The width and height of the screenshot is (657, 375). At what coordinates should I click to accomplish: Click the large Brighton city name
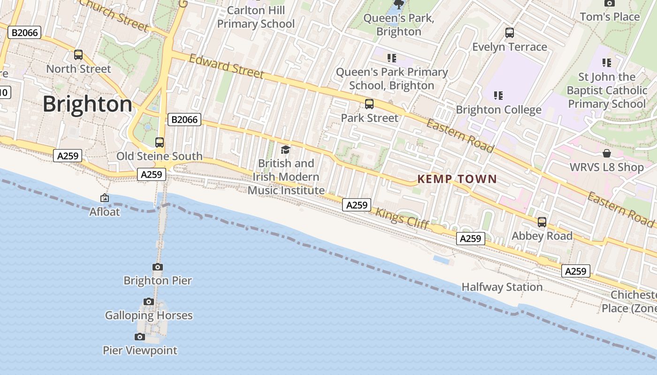[87, 104]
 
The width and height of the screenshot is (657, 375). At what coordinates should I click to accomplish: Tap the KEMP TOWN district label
[457, 179]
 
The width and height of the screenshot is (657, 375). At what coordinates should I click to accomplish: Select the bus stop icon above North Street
[78, 55]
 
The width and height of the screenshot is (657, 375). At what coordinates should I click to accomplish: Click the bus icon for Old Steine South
[160, 142]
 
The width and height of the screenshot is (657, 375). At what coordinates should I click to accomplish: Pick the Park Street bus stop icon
[369, 104]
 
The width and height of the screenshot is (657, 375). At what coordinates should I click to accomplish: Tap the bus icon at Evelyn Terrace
[510, 33]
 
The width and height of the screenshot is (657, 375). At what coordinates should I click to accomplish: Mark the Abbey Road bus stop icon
[542, 222]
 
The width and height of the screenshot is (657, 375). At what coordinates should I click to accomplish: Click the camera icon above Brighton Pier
[158, 267]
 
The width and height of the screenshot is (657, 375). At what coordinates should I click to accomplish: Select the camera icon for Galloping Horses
[149, 301]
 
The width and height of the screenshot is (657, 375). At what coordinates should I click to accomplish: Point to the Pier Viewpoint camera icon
[140, 337]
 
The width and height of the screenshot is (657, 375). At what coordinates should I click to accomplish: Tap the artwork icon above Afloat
[105, 198]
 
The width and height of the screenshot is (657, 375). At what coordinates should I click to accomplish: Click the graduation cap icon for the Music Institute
[285, 150]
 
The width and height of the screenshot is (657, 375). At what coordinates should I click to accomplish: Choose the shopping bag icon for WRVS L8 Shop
[607, 153]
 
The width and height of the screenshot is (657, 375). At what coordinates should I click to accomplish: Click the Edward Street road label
[226, 66]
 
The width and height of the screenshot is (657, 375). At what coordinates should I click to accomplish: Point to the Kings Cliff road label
[402, 218]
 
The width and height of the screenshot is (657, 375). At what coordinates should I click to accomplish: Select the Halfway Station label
[502, 287]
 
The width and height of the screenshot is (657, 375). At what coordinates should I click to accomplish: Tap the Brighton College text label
[498, 110]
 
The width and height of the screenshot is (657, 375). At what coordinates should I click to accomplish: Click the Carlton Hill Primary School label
[256, 17]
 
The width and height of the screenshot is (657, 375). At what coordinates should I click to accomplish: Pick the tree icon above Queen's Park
[399, 5]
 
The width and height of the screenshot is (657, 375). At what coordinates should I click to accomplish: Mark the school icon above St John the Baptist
[607, 62]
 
